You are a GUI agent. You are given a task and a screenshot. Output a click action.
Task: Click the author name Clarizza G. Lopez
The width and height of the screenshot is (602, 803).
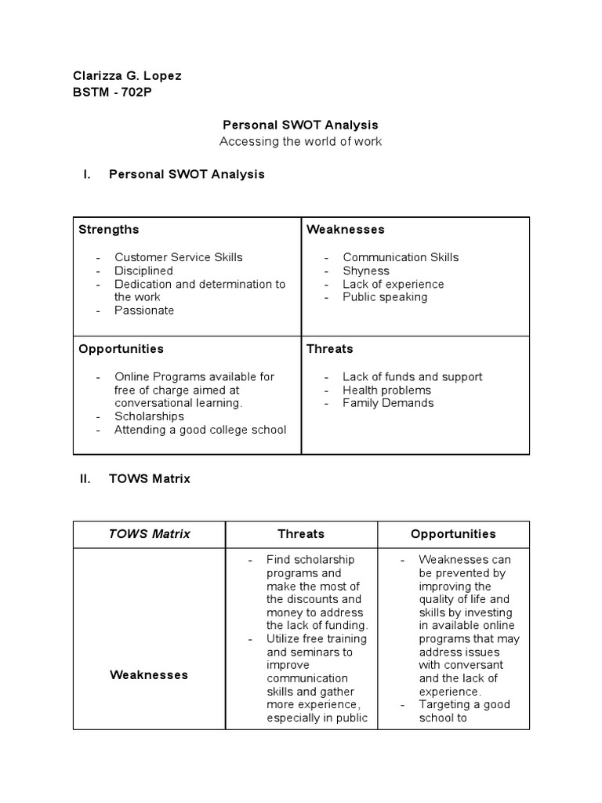tap(127, 76)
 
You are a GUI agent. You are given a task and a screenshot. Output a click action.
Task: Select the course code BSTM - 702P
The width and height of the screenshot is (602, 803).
tap(117, 91)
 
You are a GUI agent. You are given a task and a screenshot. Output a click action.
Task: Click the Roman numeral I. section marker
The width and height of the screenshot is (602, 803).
tap(87, 174)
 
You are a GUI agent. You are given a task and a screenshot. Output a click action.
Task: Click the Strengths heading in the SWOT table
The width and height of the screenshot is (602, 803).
tap(109, 230)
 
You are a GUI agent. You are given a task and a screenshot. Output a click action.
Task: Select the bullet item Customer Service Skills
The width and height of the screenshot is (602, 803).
tap(178, 257)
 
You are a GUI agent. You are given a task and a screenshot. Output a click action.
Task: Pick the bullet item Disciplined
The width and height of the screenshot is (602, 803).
tap(143, 271)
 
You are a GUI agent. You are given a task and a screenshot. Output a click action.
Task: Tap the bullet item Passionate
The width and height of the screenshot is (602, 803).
tap(144, 311)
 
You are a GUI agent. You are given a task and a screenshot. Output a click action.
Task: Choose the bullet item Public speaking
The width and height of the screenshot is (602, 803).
tap(385, 297)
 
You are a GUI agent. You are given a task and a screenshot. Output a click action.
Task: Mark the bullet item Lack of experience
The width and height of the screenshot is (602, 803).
tap(393, 284)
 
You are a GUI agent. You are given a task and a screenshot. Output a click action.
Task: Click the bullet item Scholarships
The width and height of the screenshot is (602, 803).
tap(149, 416)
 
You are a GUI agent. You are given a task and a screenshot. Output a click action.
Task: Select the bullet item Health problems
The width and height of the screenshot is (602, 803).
tap(386, 390)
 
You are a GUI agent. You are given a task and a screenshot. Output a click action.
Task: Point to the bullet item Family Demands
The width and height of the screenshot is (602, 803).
tap(387, 403)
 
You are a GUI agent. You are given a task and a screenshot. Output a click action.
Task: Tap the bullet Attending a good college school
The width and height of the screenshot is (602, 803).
tap(200, 430)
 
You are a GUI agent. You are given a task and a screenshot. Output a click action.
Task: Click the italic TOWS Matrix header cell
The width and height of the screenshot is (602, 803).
tap(149, 534)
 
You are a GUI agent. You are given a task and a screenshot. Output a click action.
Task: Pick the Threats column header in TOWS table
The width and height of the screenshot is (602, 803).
tap(301, 534)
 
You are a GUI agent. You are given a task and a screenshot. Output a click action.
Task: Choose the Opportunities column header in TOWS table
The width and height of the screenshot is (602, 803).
tap(453, 534)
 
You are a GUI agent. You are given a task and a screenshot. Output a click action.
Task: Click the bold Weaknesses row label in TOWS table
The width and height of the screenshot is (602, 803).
tap(149, 674)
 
